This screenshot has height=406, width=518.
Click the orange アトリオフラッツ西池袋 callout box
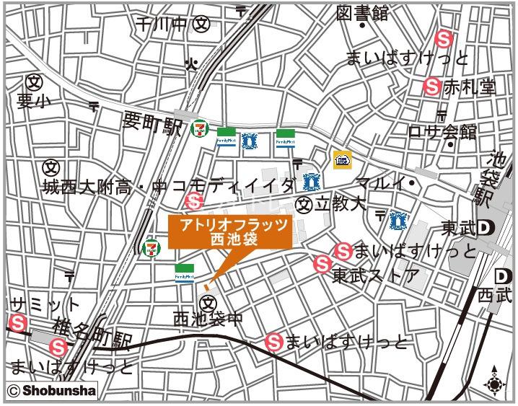tap(229, 233)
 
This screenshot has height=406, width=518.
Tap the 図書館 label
tap(362, 13)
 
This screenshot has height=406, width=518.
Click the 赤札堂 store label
tap(470, 87)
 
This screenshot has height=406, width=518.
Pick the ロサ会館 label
tap(442, 132)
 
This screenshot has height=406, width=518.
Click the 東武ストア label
tap(375, 275)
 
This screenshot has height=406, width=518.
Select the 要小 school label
tap(31, 101)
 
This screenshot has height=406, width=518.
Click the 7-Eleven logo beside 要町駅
tap(198, 129)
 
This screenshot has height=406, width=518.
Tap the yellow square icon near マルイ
tap(342, 160)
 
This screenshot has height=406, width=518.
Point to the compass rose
tap(494, 383)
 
